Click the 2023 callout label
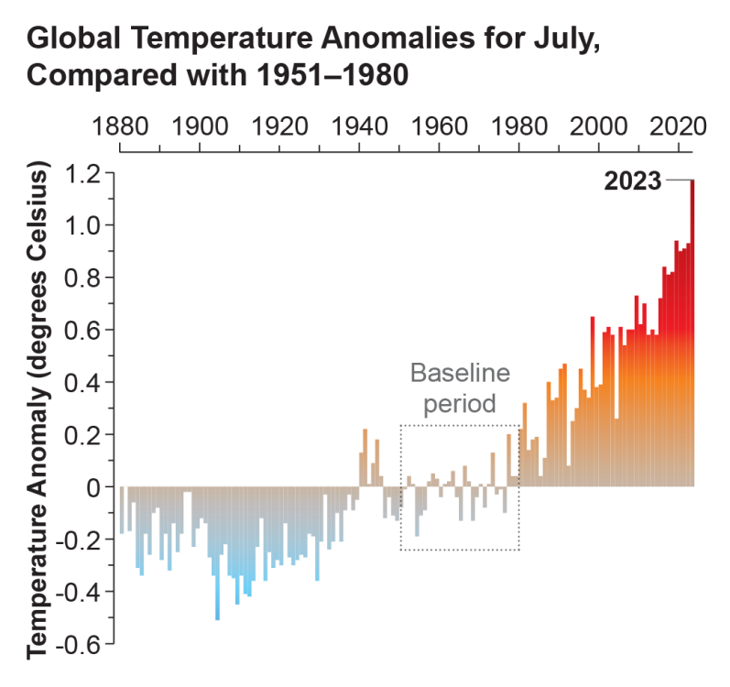coord(632,181)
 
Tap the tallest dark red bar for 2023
coord(692,330)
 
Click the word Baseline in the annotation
coord(459,374)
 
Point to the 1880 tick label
coord(121,126)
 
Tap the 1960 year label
coord(440,126)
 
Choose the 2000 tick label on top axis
coord(598,126)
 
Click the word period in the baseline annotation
coord(459,403)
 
